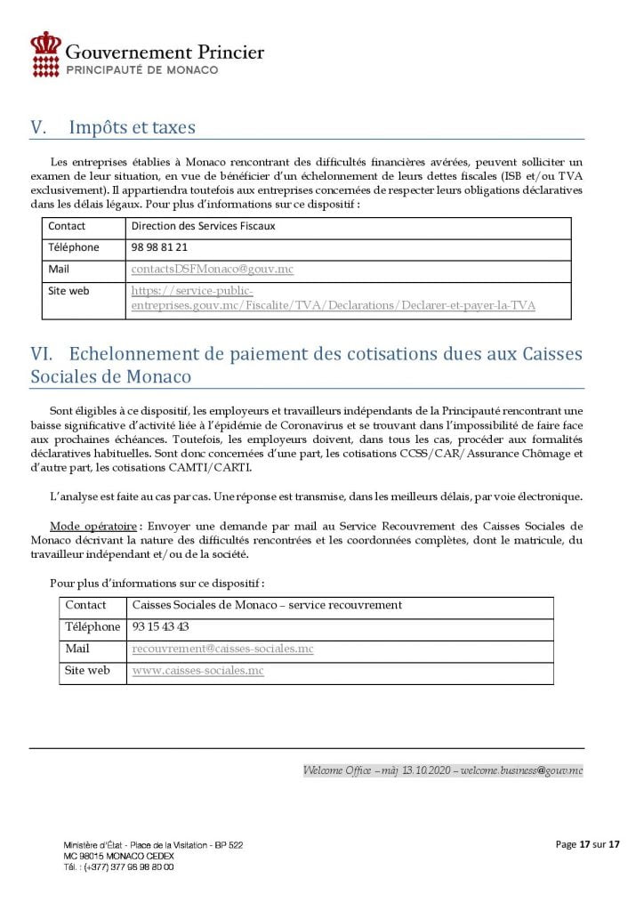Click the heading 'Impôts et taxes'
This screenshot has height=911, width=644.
pyautogui.click(x=132, y=127)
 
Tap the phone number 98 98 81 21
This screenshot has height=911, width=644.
pyautogui.click(x=159, y=247)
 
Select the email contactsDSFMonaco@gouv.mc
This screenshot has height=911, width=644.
pyautogui.click(x=212, y=268)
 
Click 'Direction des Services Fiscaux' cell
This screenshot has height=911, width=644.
pyautogui.click(x=203, y=226)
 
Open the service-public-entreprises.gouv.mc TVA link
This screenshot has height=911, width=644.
pyautogui.click(x=333, y=298)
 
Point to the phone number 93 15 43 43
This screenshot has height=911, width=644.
pyautogui.click(x=160, y=626)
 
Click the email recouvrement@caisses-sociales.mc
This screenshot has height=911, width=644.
pyautogui.click(x=222, y=649)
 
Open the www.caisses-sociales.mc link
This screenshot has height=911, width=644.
pyautogui.click(x=197, y=670)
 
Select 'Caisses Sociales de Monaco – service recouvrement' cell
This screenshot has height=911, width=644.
pyautogui.click(x=266, y=605)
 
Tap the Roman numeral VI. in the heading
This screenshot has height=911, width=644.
pyautogui.click(x=44, y=354)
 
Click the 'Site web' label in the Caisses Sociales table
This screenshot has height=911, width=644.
pyautogui.click(x=87, y=670)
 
